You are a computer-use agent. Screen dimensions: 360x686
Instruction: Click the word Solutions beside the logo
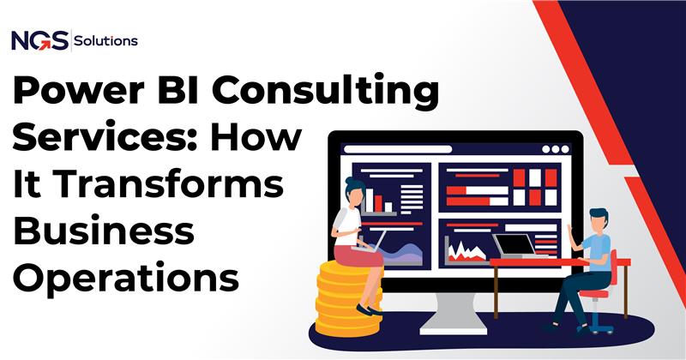coord(106,39)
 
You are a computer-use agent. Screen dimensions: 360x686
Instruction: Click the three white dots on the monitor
coord(554,148)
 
